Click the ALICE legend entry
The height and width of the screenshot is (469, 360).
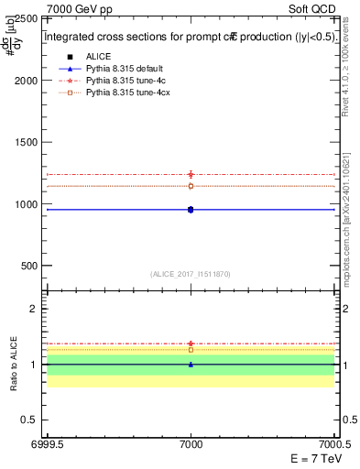coord(98,57)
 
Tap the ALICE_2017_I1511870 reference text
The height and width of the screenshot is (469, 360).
coord(191,273)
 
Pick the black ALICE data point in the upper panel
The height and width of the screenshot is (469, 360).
coord(191,210)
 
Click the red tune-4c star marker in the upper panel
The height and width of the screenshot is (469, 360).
coord(191,174)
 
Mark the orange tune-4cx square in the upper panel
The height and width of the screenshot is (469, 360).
coord(191,186)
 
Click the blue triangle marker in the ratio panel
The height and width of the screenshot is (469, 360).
coord(191,365)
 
